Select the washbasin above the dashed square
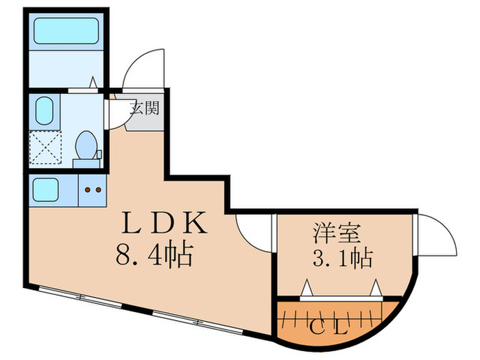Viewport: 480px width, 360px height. pyautogui.click(x=45, y=110)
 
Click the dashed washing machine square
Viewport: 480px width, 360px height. pyautogui.click(x=45, y=145)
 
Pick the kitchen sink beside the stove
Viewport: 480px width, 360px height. pyautogui.click(x=47, y=189)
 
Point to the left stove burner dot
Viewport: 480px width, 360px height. pyautogui.click(x=87, y=189)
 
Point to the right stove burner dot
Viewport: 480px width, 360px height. pyautogui.click(x=97, y=189)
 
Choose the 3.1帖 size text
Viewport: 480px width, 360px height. pyautogui.click(x=337, y=259)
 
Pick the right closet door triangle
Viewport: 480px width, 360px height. pyautogui.click(x=376, y=287)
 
